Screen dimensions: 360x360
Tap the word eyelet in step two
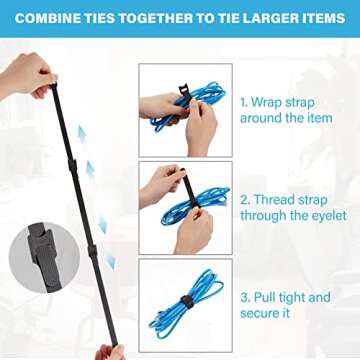325,216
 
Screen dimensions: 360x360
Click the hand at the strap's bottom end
110,351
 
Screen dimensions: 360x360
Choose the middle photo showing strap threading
184,205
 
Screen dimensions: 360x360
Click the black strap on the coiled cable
186,301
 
